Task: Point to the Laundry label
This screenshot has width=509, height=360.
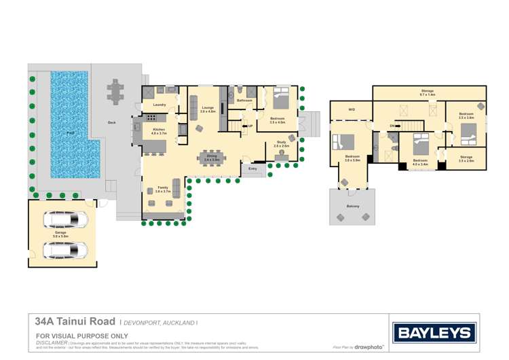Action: (159, 105)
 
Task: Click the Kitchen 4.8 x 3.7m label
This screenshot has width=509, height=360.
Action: (159, 130)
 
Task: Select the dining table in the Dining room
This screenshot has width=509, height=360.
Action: (212, 158)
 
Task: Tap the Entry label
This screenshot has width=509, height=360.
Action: (252, 168)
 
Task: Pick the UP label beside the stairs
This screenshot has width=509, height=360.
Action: (250, 126)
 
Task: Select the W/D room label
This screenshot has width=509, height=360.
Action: (352, 109)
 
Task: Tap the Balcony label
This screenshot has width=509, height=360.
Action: (352, 206)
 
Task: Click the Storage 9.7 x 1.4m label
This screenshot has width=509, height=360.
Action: (428, 92)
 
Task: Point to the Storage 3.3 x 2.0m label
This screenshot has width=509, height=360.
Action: (466, 158)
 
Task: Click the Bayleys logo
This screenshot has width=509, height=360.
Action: (434, 332)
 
